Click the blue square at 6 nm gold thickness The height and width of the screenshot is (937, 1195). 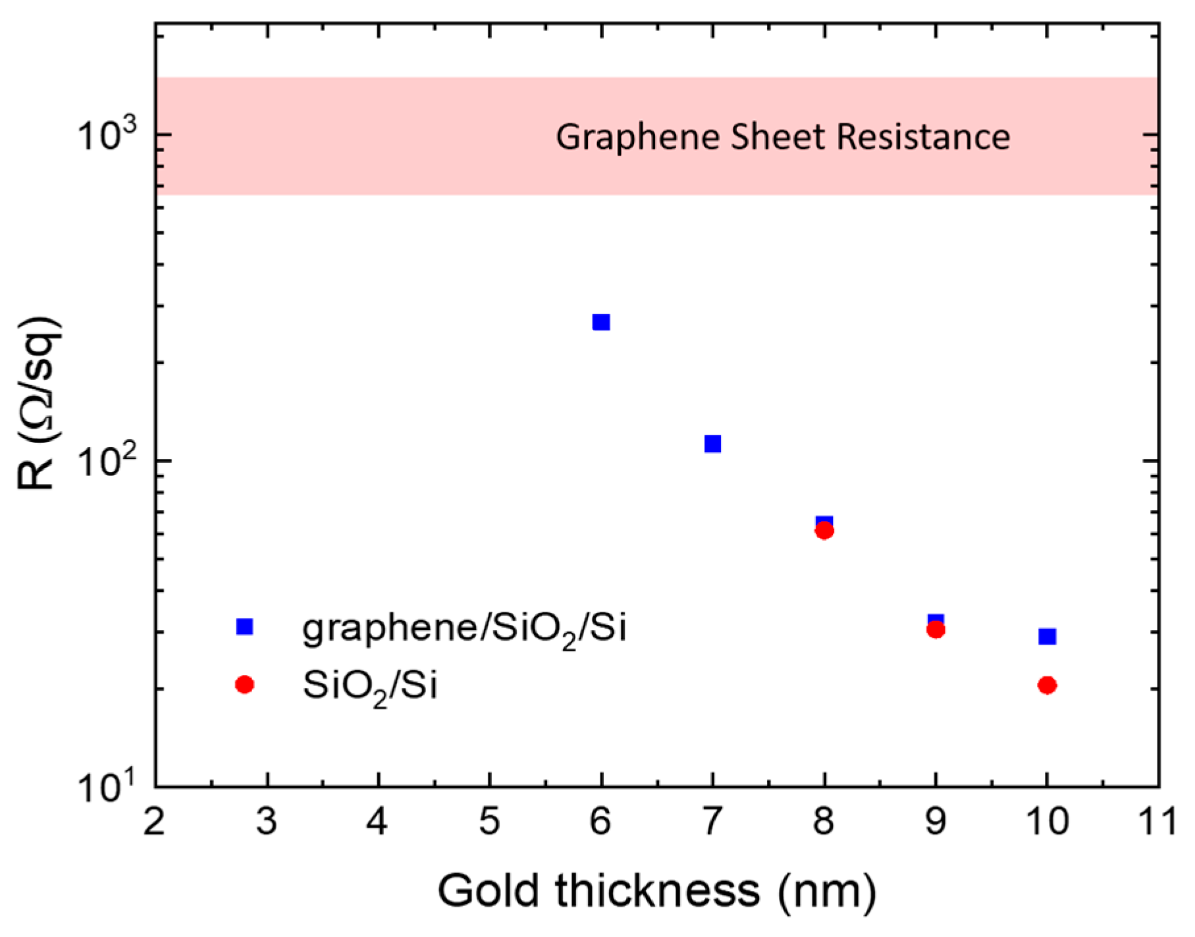point(601,322)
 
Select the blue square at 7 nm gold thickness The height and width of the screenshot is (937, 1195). point(712,444)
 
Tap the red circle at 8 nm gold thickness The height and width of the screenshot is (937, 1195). point(824,531)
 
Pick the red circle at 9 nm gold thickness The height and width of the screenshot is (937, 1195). point(936,630)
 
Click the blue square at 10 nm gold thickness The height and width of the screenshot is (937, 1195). point(1047,636)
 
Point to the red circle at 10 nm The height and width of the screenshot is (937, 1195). point(1047,685)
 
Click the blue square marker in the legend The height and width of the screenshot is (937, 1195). point(244,626)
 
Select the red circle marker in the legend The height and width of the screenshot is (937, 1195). point(244,685)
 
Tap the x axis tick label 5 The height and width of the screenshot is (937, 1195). point(489,822)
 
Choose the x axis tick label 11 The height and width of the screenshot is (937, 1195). point(1157,822)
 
